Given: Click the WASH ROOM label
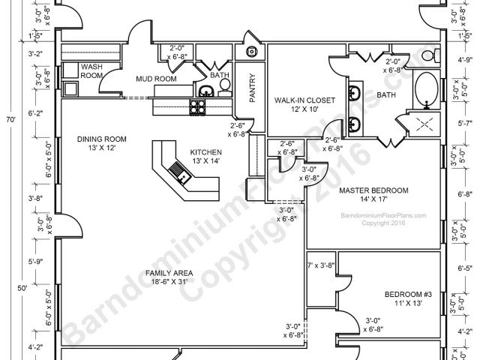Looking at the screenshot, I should (x=91, y=70).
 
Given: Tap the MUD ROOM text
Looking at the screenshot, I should (x=155, y=78).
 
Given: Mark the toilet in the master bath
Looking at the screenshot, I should (x=430, y=55).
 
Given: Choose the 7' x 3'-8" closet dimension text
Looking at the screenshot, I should (x=321, y=265).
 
